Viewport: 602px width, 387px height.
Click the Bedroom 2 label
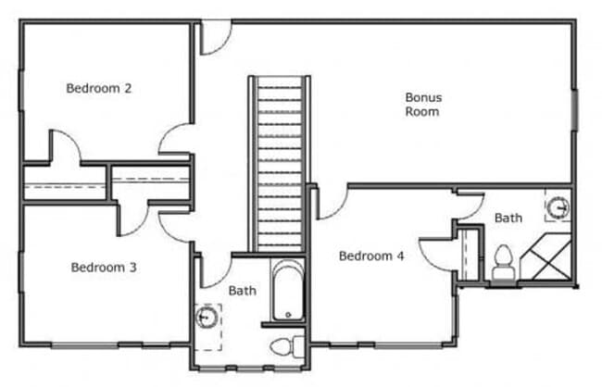pos(99,89)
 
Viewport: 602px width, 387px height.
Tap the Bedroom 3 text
pos(104,268)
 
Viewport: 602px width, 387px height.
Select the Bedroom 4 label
pos(370,256)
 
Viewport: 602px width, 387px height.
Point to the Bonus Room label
pos(421,104)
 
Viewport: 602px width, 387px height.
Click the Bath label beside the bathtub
pos(243,291)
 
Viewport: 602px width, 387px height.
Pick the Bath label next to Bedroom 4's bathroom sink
pos(508,218)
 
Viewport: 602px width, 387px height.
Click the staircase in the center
pos(278,162)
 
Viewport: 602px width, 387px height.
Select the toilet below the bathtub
pos(284,347)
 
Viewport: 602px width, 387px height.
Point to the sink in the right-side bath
pos(558,207)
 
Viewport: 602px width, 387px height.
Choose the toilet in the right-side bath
pos(504,260)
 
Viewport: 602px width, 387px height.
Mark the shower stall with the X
pos(547,258)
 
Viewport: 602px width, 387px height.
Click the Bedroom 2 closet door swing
pos(64,148)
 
